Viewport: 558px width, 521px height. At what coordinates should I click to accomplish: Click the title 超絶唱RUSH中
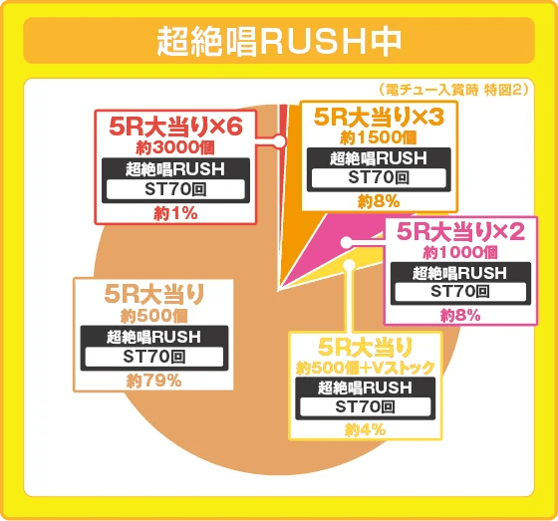pyautogui.click(x=279, y=43)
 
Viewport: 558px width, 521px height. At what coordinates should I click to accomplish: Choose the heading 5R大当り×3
pyautogui.click(x=379, y=118)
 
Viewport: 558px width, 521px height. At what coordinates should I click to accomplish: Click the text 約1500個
pyautogui.click(x=379, y=136)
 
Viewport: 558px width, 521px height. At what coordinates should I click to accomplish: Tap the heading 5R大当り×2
pyautogui.click(x=460, y=232)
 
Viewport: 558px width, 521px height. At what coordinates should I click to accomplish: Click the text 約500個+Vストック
pyautogui.click(x=366, y=368)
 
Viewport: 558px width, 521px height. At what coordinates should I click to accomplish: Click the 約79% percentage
pyautogui.click(x=153, y=380)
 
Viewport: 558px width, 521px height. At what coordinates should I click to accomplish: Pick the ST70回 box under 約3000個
pyautogui.click(x=176, y=189)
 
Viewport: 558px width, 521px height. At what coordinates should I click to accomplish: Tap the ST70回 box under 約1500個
pyautogui.click(x=379, y=177)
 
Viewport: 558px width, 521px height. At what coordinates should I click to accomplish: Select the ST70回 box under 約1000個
pyautogui.click(x=460, y=292)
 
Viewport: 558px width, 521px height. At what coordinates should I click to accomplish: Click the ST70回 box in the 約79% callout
pyautogui.click(x=153, y=356)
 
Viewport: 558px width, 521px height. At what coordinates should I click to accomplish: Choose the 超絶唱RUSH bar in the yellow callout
pyautogui.click(x=366, y=388)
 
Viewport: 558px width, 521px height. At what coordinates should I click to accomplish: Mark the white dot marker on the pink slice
pyautogui.click(x=346, y=242)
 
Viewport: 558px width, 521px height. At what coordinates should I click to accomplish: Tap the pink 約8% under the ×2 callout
pyautogui.click(x=460, y=315)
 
